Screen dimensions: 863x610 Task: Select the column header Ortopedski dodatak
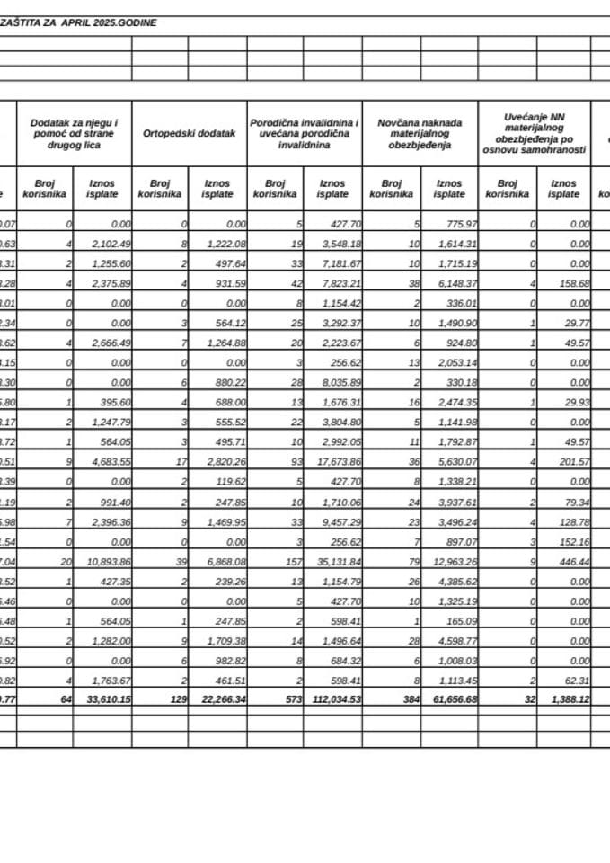pyautogui.click(x=189, y=133)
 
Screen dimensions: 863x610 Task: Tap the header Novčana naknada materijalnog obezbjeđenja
pyautogui.click(x=420, y=133)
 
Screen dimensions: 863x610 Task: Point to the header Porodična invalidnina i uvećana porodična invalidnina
pyautogui.click(x=305, y=133)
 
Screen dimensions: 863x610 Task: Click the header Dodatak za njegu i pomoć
pyautogui.click(x=74, y=133)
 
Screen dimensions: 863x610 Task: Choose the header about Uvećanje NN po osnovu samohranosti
pyautogui.click(x=534, y=133)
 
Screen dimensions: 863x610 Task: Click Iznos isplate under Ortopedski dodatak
pyautogui.click(x=217, y=188)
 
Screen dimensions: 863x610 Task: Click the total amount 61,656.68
pyautogui.click(x=448, y=698)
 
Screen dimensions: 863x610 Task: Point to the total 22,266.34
pyautogui.click(x=217, y=698)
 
